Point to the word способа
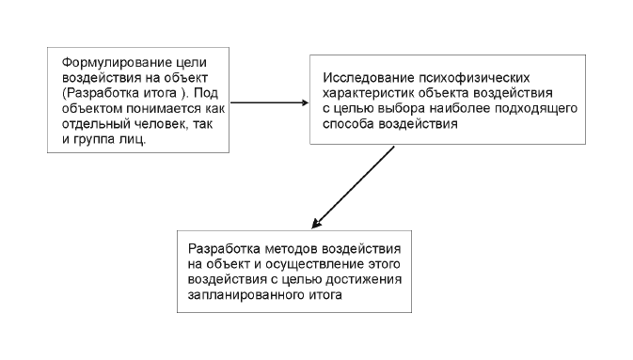coord(352,122)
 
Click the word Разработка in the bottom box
coord(222,249)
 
